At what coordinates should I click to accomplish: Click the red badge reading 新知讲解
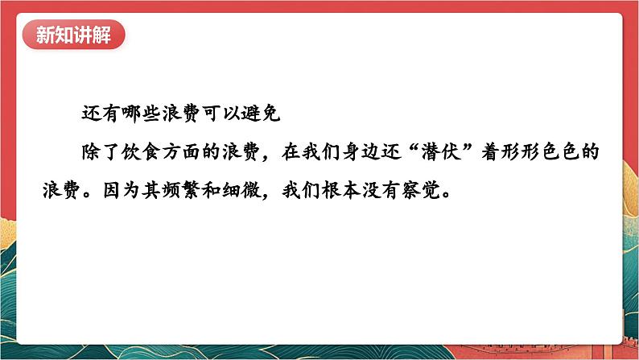tap(73, 35)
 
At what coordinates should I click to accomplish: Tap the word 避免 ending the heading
tap(261, 114)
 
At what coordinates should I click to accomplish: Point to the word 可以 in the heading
tap(221, 114)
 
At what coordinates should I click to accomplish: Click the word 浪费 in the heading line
tap(181, 114)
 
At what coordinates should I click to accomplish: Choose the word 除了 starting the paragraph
tap(101, 152)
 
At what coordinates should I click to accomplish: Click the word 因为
tap(121, 190)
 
